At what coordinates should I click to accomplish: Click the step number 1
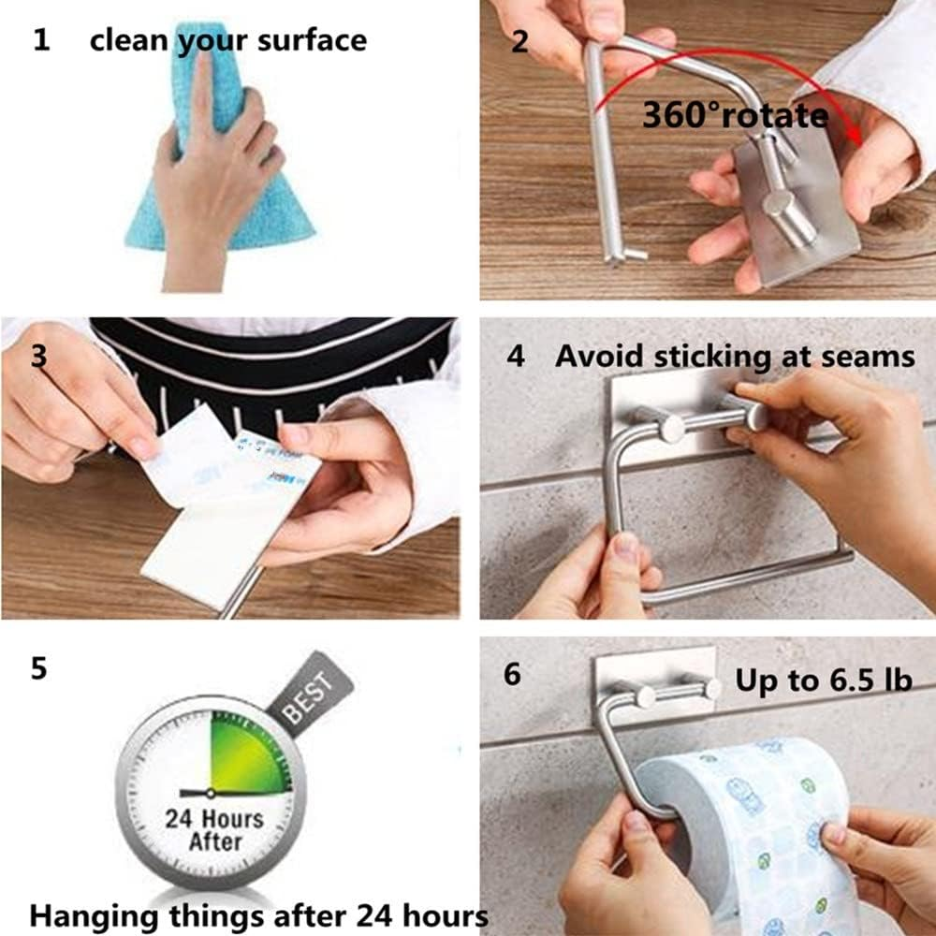point(40,40)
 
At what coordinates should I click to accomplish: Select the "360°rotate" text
point(735,115)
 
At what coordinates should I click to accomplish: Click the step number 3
point(38,357)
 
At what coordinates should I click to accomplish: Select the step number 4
point(514,357)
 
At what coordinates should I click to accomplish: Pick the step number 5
point(38,670)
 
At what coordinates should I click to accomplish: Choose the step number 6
point(512,674)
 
